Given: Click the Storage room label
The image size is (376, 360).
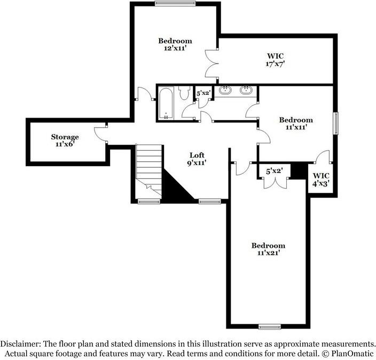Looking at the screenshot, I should click(65, 137).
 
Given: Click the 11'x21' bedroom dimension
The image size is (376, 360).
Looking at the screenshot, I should click(268, 254).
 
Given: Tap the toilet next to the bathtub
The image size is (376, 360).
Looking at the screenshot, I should click(184, 94).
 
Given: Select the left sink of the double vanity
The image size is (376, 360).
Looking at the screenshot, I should click(225, 90).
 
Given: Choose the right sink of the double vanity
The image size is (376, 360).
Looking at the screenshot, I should click(247, 90).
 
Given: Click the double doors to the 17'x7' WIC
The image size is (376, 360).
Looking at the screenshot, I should click(213, 64).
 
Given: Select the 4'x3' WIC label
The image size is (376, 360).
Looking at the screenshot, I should click(321, 179).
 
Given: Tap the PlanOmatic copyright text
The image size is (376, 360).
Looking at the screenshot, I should click(350, 353).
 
